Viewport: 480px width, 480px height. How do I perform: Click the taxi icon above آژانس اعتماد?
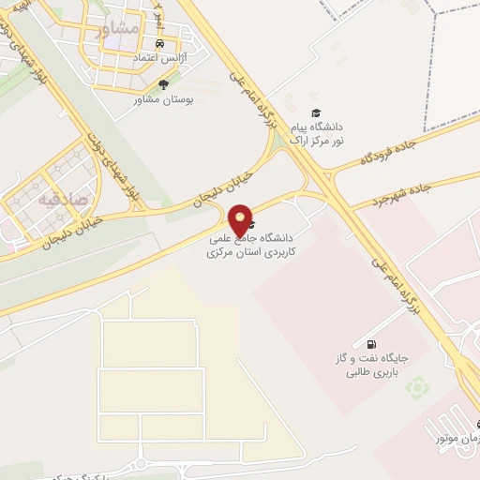coord(159,45)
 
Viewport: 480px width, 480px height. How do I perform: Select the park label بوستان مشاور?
coord(163,98)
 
